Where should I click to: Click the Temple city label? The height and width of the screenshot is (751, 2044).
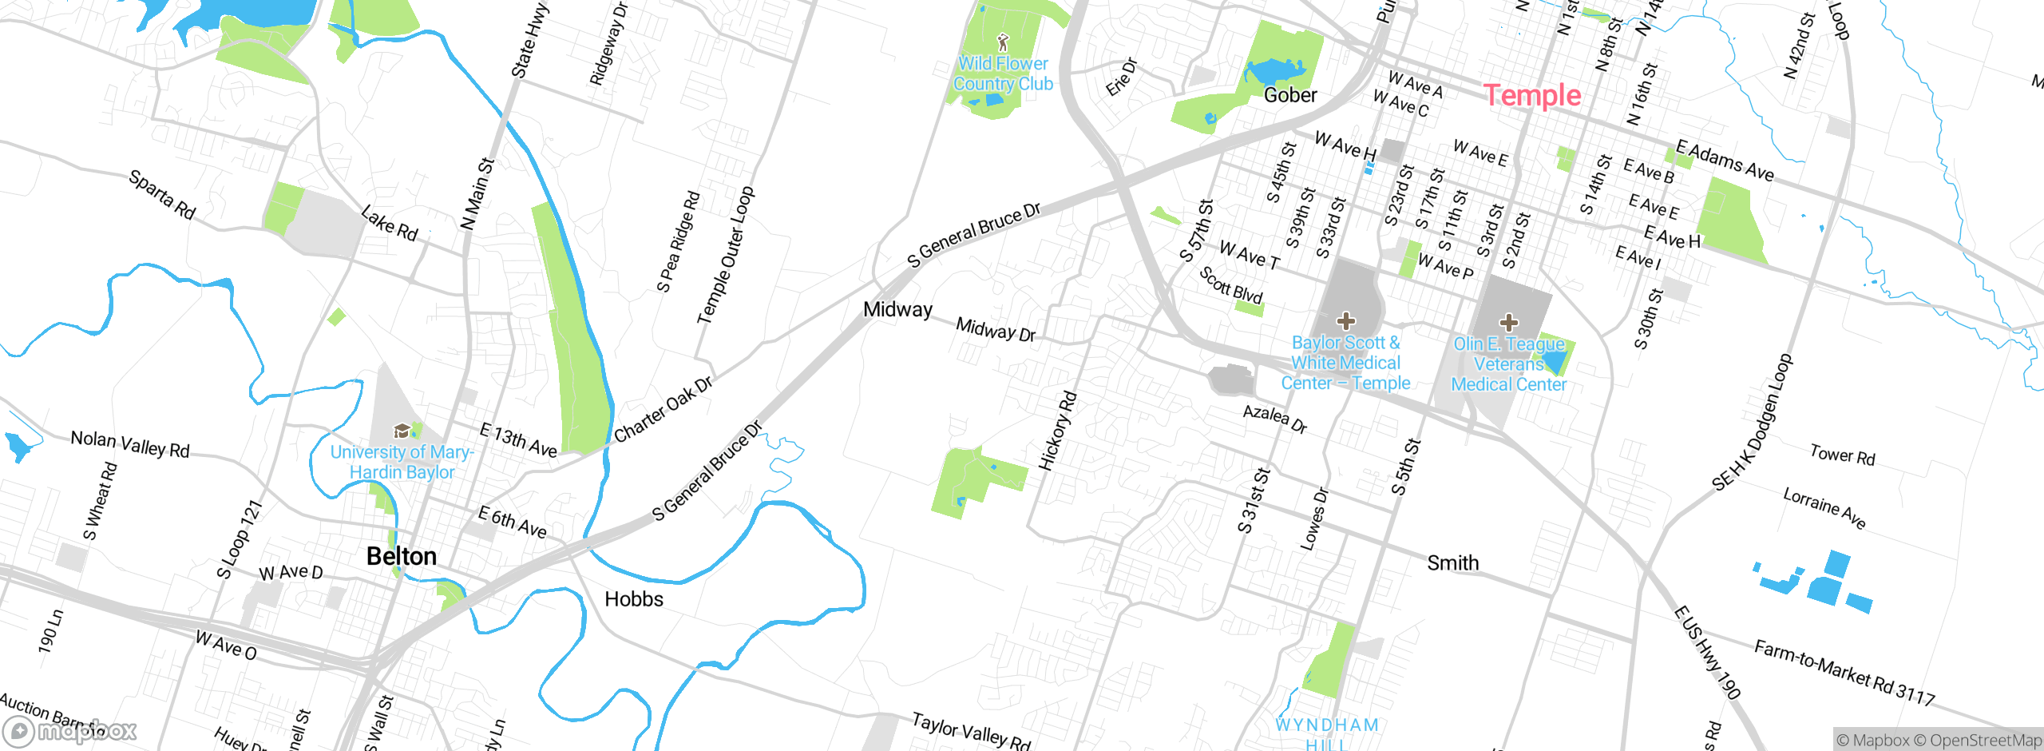click(1531, 96)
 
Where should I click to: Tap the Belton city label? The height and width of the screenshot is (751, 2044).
click(401, 556)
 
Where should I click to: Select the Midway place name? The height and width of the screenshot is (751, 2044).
click(897, 309)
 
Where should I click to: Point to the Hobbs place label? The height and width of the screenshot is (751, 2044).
click(634, 599)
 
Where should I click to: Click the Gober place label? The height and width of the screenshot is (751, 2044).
click(1290, 95)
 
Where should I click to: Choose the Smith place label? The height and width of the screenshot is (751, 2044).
click(1452, 563)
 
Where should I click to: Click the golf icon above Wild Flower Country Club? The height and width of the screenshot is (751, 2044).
click(1003, 42)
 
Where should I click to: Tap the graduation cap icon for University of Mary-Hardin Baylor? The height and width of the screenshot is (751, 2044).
click(402, 431)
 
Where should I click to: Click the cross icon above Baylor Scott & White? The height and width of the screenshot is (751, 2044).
click(1345, 321)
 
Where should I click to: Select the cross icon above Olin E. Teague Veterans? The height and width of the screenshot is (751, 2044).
click(1508, 323)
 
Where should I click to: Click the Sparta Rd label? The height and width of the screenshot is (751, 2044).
click(162, 195)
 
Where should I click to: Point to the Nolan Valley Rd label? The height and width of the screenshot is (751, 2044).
click(130, 444)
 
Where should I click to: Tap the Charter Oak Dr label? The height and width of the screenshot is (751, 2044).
click(663, 410)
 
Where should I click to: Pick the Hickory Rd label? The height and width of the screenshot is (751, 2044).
click(1057, 431)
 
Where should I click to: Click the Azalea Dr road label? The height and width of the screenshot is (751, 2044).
click(1275, 419)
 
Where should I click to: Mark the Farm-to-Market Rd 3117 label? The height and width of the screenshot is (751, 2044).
click(1844, 673)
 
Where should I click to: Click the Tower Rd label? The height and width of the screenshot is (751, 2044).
click(1842, 455)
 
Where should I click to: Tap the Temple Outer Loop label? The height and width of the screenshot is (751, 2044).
click(725, 256)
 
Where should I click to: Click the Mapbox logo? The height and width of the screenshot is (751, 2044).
click(70, 731)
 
